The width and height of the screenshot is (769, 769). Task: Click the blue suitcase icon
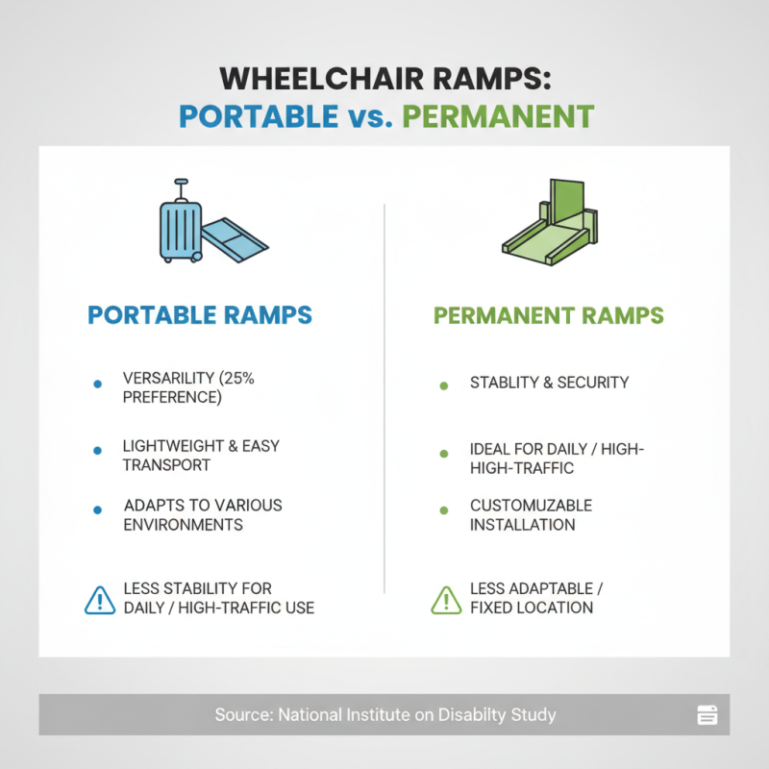[x=180, y=231]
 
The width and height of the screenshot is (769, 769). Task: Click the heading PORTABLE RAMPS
[x=200, y=315]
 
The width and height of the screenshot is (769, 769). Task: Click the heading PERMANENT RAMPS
[x=549, y=315]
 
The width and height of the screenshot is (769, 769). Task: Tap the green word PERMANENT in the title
[x=497, y=116]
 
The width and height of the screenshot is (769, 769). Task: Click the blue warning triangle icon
[x=100, y=599]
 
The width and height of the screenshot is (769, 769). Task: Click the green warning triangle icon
[x=445, y=599]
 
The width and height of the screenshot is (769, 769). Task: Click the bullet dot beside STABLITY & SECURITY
[x=443, y=384]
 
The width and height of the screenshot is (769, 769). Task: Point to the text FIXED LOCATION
[x=532, y=608]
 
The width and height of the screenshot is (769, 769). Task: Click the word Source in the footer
[x=238, y=715]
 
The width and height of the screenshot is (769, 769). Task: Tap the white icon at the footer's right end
[x=707, y=714]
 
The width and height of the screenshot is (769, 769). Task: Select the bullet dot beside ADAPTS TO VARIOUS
[x=97, y=511]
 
